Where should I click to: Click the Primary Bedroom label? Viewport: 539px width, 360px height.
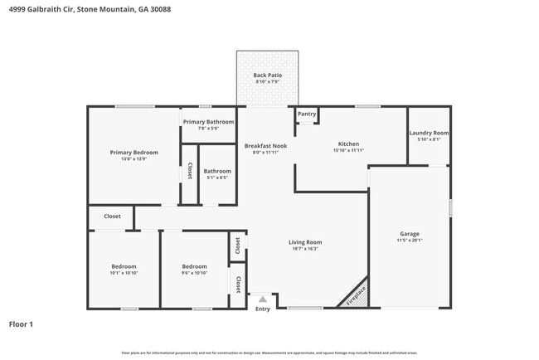(x=134, y=153)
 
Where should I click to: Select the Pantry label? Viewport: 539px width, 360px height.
(x=307, y=114)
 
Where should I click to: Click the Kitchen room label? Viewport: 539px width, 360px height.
(x=348, y=144)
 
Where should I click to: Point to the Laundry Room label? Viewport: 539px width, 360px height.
(x=429, y=133)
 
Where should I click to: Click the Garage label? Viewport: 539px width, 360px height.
(x=410, y=234)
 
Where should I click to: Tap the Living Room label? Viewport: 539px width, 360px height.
(x=305, y=242)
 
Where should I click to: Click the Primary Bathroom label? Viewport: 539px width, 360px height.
(x=208, y=122)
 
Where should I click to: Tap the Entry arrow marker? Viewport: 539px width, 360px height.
(x=263, y=299)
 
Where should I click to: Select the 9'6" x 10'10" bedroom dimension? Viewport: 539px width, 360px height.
(x=194, y=273)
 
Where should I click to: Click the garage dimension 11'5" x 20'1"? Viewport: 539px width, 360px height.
(x=410, y=241)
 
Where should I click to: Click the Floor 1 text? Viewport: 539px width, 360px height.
(x=21, y=324)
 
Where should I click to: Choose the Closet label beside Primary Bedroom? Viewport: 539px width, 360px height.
(x=189, y=171)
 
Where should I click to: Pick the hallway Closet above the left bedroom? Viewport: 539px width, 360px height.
(x=112, y=216)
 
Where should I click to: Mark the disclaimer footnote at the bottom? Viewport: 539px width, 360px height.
(x=269, y=353)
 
